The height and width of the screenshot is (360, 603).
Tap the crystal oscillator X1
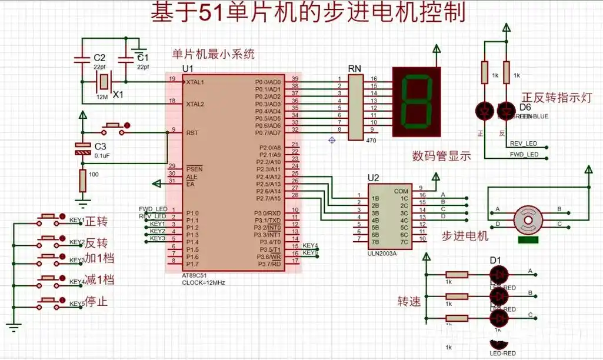tap(104, 81)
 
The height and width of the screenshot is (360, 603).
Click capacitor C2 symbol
tap(82, 59)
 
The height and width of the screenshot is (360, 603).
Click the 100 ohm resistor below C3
tap(82, 181)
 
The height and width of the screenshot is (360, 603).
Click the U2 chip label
tap(373, 178)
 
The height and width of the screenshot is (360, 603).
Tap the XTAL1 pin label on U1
tap(195, 82)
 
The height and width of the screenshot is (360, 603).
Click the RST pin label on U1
tap(192, 133)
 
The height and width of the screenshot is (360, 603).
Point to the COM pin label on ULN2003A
tap(401, 191)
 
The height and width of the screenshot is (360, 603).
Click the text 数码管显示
tap(441, 156)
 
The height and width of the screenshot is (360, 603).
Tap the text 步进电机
tap(465, 236)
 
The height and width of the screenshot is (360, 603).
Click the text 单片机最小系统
tap(213, 54)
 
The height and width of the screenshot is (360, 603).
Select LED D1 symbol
tap(499, 274)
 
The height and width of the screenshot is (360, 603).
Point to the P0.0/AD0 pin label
tap(268, 82)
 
